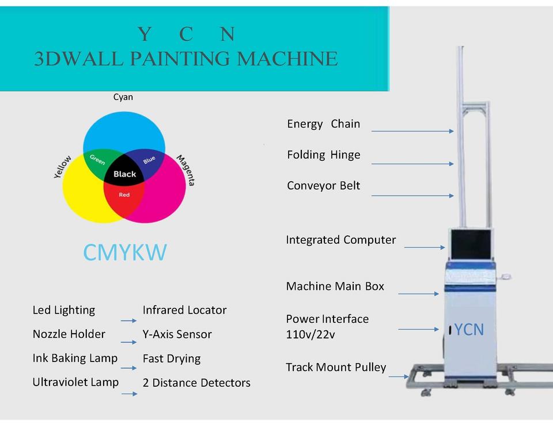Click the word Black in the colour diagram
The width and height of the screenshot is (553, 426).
(125, 174)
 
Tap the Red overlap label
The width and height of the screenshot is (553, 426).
(124, 195)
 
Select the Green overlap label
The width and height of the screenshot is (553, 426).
(97, 160)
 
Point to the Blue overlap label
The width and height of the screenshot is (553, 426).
(149, 160)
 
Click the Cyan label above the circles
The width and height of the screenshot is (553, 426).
(123, 97)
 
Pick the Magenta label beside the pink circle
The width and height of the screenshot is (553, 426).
(186, 170)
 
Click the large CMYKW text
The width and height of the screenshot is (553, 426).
(125, 252)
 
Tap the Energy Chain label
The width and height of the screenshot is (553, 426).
(323, 124)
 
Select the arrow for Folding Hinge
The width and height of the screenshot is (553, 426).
(412, 164)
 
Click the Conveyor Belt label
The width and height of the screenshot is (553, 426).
(323, 186)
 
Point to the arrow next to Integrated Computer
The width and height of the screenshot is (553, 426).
(425, 247)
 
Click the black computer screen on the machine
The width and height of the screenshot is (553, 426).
(471, 244)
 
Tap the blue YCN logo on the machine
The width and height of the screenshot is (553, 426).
(469, 330)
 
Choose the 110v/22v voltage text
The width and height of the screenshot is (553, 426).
(310, 334)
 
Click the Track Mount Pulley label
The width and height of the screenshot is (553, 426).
(336, 367)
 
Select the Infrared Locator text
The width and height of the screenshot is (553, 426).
(184, 310)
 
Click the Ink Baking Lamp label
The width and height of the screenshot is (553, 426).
(75, 358)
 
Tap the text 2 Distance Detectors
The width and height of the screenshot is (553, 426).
(196, 383)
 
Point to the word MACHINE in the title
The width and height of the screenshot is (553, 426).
(287, 59)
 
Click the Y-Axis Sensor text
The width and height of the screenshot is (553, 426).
(177, 334)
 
